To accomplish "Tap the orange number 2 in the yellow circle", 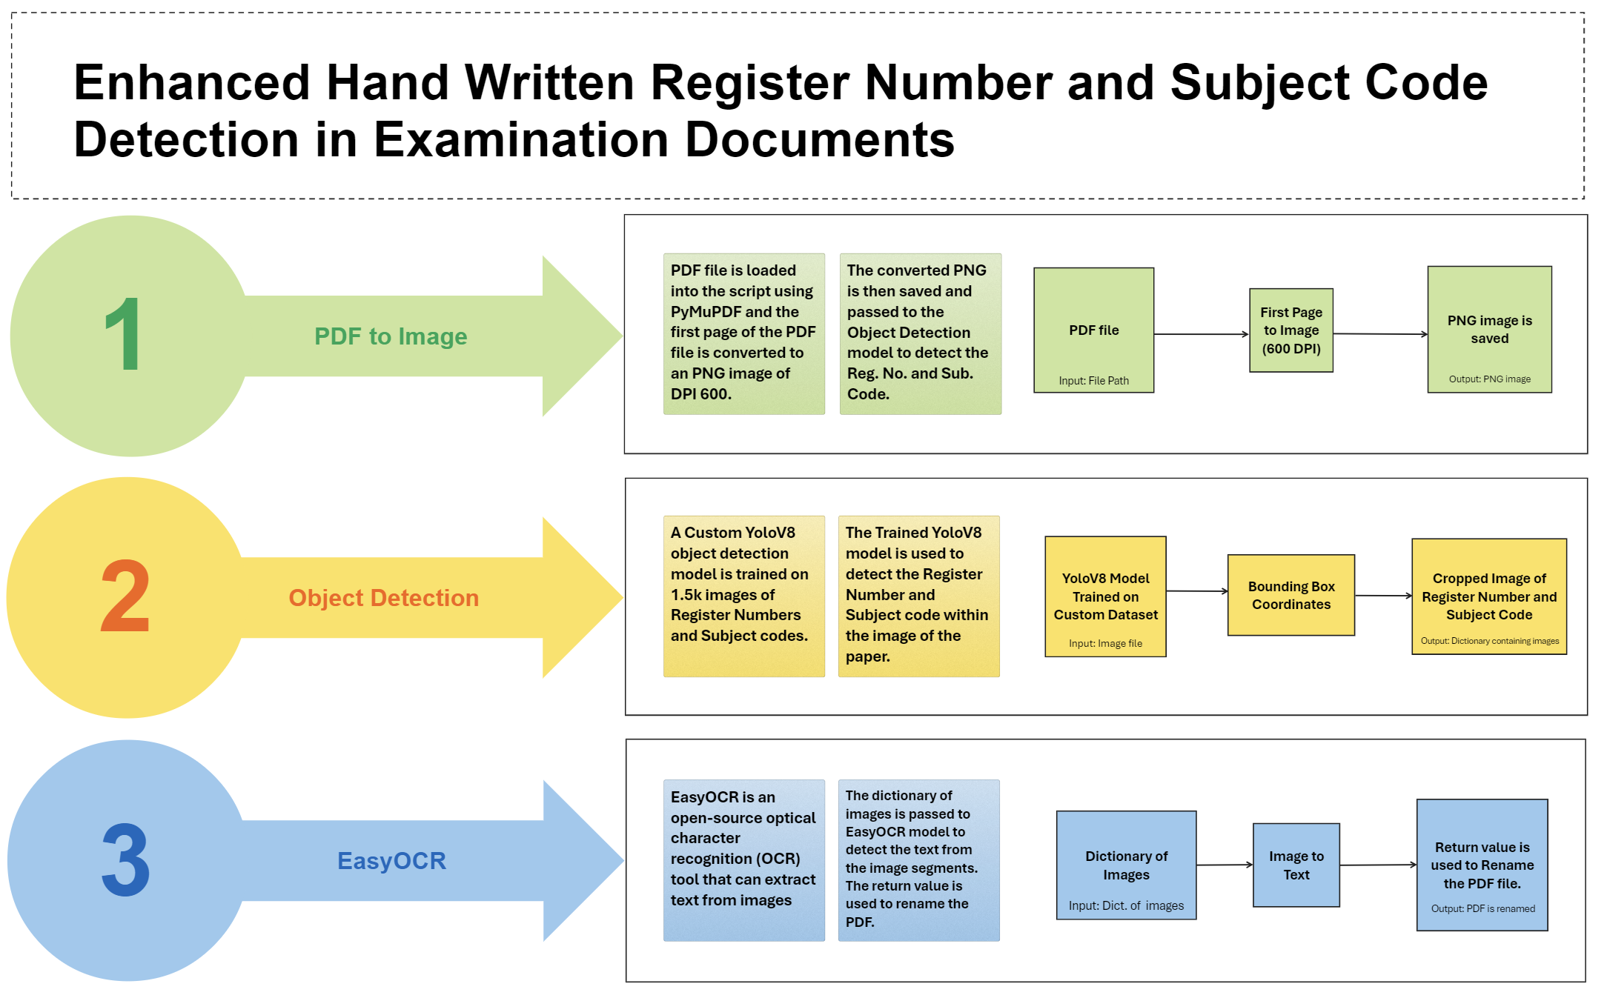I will [x=125, y=596].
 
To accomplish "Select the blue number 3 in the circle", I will [x=126, y=859].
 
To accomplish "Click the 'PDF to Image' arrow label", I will [x=391, y=336].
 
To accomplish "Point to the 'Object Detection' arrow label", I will [x=383, y=598].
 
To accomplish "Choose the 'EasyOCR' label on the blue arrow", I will [x=391, y=861].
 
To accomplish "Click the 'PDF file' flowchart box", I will [x=1093, y=330].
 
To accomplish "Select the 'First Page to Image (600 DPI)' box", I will [x=1291, y=330].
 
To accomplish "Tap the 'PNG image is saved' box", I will [x=1489, y=330].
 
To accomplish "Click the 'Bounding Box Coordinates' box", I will [x=1291, y=595].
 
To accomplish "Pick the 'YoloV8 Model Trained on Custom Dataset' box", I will [x=1105, y=596].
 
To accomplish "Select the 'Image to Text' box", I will [x=1296, y=865].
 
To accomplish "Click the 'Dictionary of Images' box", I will [x=1126, y=865].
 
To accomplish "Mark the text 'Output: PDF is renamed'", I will [x=1482, y=908].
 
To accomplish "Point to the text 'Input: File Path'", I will [x=1093, y=381].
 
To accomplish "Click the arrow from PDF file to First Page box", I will [x=1201, y=334].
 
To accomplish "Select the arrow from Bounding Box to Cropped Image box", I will [x=1383, y=596].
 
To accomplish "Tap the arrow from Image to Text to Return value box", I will [x=1378, y=865].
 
